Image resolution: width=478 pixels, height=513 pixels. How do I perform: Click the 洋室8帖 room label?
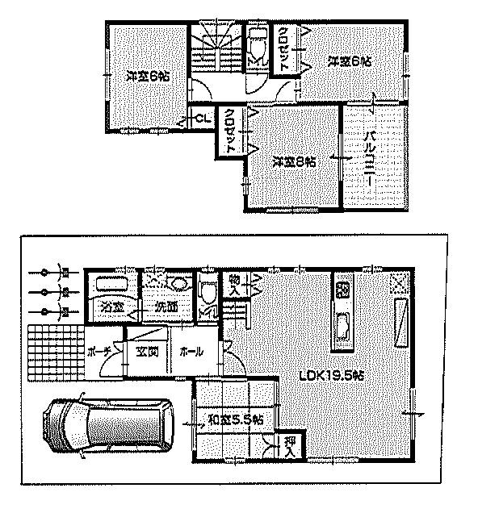tap(294, 161)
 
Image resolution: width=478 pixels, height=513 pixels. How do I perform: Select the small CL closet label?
tap(203, 119)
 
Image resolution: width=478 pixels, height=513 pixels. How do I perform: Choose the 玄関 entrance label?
tap(147, 352)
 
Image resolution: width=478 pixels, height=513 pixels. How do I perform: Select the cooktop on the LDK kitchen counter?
tap(342, 289)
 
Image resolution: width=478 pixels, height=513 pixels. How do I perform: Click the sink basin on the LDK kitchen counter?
tap(342, 326)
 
